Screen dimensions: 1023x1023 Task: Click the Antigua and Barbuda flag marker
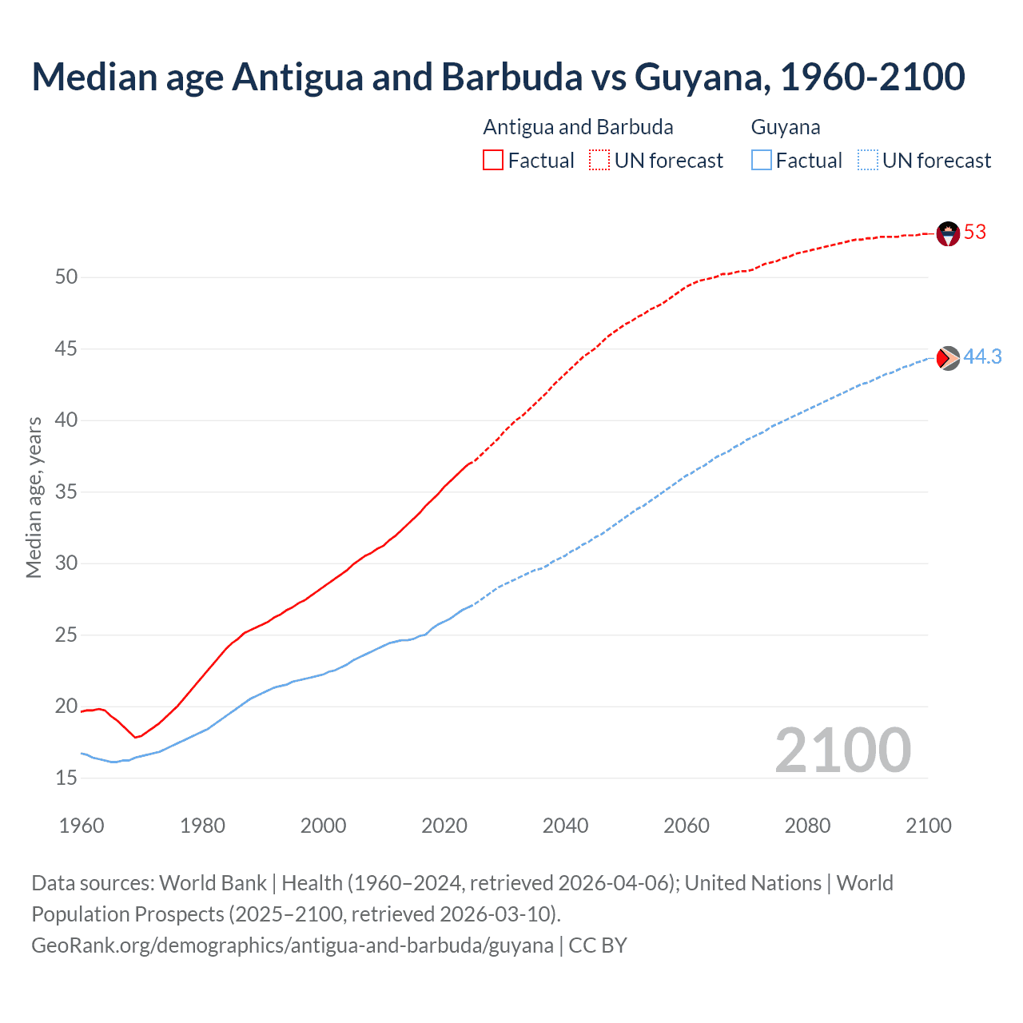point(948,233)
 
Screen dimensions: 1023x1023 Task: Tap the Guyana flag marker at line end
point(948,358)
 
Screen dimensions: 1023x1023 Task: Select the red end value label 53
point(975,233)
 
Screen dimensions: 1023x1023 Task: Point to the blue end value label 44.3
point(982,357)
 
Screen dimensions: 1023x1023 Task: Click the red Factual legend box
point(493,161)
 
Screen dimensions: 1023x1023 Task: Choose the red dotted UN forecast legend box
point(599,161)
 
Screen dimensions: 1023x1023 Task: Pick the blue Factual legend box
point(762,161)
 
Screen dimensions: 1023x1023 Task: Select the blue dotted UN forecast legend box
point(867,161)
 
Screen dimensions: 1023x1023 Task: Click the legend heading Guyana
point(786,127)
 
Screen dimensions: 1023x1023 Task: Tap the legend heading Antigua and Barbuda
point(578,127)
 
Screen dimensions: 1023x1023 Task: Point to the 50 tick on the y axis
point(66,277)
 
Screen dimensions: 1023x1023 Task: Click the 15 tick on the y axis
point(66,778)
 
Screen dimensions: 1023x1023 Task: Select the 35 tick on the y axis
point(66,492)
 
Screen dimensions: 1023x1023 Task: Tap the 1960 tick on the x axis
point(82,826)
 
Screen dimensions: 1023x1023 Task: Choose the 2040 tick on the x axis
point(565,826)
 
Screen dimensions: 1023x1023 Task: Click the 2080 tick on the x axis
point(807,826)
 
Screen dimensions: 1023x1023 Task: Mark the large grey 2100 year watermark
point(842,750)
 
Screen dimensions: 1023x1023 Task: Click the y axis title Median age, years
point(34,497)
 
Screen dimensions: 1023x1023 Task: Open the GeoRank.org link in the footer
point(293,945)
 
